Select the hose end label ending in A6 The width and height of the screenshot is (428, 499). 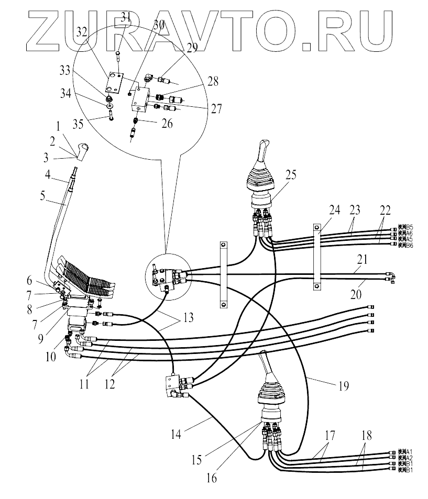pos(406,234)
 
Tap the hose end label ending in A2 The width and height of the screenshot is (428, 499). pos(406,457)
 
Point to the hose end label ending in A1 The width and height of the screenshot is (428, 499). pos(406,451)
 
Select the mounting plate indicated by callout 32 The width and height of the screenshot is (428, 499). pos(114,82)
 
